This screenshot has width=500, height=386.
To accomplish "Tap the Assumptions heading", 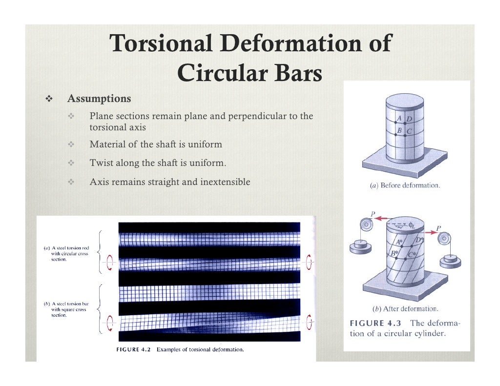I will click(99, 99).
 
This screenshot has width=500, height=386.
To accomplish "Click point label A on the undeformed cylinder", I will click(399, 118).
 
